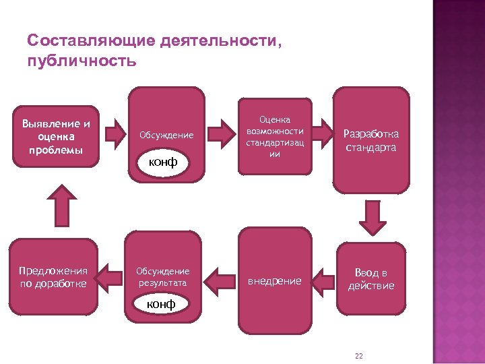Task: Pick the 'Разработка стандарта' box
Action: pyautogui.click(x=371, y=140)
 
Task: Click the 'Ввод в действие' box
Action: pyautogui.click(x=371, y=279)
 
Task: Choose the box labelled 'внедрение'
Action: pyautogui.click(x=275, y=280)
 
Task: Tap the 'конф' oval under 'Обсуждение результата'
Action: pyautogui.click(x=162, y=304)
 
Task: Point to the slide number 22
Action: pyautogui.click(x=358, y=355)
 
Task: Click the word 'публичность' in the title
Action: pyautogui.click(x=82, y=61)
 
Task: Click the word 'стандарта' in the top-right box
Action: pyautogui.click(x=371, y=148)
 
